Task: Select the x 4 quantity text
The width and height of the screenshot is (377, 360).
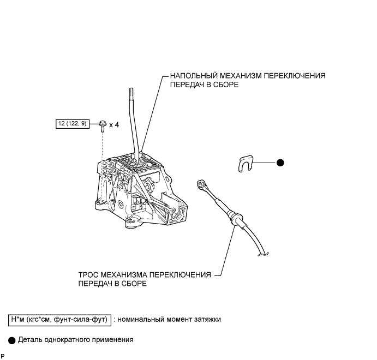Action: tap(113, 125)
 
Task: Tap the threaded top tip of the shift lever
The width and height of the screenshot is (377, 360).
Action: tap(131, 95)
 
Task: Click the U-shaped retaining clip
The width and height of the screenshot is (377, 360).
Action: tap(247, 163)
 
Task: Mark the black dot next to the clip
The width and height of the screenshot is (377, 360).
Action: tap(280, 163)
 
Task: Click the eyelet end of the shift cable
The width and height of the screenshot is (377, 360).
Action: tap(202, 184)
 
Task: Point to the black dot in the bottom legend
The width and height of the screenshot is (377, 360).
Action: tap(12, 339)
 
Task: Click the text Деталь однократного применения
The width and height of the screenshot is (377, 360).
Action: tap(75, 339)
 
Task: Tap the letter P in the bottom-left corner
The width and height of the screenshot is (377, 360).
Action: tap(3, 356)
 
